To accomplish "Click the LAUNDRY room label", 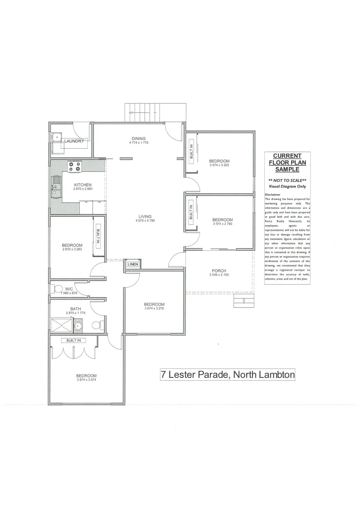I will click(x=75, y=141).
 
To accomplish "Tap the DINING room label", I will click(x=139, y=138).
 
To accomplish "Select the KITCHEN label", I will click(x=83, y=185).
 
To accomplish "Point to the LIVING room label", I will click(x=145, y=217).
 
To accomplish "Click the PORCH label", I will click(x=218, y=271).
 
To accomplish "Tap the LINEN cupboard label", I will click(x=133, y=264).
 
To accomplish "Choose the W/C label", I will click(x=69, y=289).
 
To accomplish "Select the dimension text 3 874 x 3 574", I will click(x=86, y=380).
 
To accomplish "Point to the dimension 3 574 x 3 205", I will click(x=219, y=165).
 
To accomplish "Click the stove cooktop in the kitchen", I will click(x=75, y=167).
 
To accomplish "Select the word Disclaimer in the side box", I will click(x=273, y=194).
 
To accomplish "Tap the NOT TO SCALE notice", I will click(x=287, y=181).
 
